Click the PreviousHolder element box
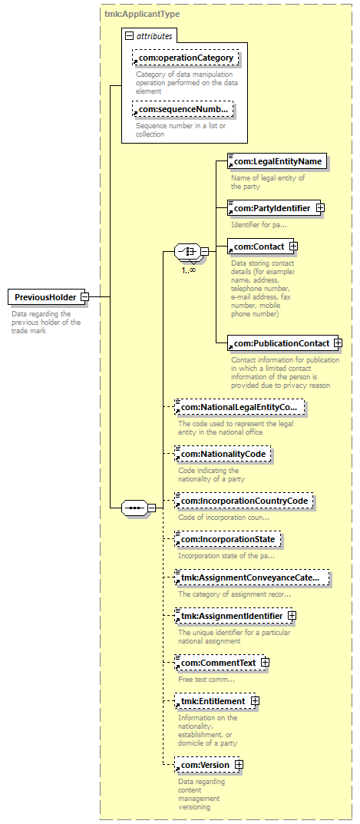click(x=45, y=297)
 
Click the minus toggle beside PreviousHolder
click(x=84, y=297)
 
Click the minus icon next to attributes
click(x=130, y=36)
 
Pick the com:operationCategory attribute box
click(x=186, y=58)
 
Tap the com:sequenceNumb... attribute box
click(x=182, y=110)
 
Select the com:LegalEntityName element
click(x=277, y=161)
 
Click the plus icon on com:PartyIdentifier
click(x=320, y=208)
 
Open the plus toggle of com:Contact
click(x=294, y=246)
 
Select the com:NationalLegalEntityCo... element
click(x=239, y=407)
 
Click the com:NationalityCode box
click(x=223, y=453)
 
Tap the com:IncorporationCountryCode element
click(x=244, y=501)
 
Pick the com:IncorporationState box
click(x=227, y=540)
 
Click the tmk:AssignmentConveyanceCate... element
click(x=253, y=578)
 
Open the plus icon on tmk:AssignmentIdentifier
click(x=292, y=615)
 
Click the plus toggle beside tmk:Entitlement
click(x=255, y=701)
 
